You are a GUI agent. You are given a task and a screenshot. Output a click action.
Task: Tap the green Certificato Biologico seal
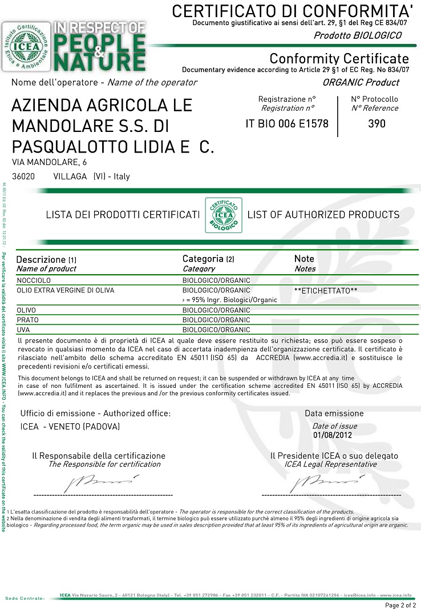[223, 215]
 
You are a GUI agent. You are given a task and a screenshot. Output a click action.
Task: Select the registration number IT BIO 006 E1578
[287, 123]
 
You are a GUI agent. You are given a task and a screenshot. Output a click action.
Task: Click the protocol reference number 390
[377, 123]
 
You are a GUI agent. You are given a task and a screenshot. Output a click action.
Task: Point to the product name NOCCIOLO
[33, 280]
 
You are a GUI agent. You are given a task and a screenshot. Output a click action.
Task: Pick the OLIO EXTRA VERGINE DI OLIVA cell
[66, 290]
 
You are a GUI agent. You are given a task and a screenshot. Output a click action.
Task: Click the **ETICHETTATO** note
[326, 291]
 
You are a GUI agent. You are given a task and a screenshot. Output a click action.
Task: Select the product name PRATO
[28, 320]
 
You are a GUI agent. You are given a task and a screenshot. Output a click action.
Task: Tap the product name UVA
[23, 330]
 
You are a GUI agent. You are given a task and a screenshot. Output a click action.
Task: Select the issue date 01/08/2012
[333, 435]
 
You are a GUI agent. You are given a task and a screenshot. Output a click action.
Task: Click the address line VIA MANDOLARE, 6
[50, 163]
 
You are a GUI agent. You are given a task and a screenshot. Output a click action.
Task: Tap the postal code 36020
[23, 176]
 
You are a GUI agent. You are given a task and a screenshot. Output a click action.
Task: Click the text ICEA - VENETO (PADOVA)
[70, 427]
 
